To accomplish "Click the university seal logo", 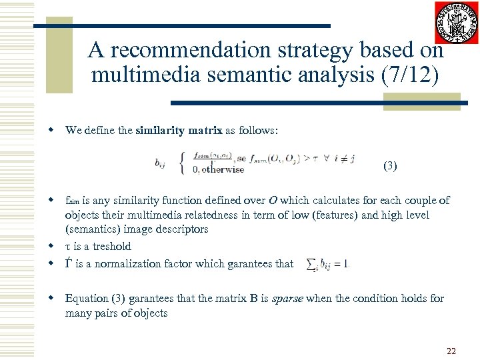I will [x=457, y=23].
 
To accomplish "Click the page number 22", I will [x=451, y=351].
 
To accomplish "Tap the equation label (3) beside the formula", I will [x=389, y=166].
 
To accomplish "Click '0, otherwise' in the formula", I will [x=218, y=169].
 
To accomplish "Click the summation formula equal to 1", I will [x=327, y=264].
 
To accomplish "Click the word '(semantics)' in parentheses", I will [x=92, y=229].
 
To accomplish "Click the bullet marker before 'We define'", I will [x=51, y=131].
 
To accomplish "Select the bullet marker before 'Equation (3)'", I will [x=51, y=299].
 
